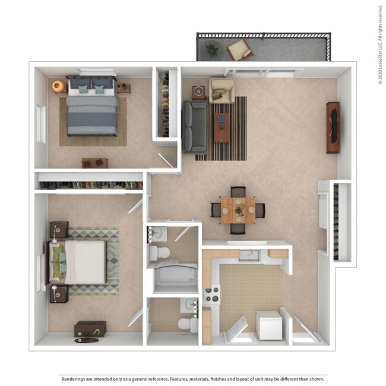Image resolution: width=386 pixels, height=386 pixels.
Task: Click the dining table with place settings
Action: click(x=238, y=210)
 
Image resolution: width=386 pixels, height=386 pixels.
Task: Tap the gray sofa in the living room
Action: click(x=195, y=126)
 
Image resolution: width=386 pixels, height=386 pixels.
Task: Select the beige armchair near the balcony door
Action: click(x=221, y=90)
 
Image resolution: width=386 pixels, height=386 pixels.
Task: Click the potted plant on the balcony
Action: click(x=212, y=50)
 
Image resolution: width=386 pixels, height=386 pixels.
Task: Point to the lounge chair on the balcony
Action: click(x=239, y=49)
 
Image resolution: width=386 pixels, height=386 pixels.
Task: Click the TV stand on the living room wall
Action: click(x=333, y=127)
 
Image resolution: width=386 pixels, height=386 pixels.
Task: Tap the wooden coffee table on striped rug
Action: click(x=222, y=126)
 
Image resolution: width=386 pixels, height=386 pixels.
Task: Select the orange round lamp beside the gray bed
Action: click(x=58, y=86)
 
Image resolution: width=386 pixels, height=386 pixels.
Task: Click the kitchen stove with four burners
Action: click(x=212, y=295)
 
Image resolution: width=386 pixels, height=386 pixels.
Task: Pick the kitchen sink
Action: click(x=249, y=255)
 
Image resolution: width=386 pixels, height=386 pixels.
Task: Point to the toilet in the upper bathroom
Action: click(x=159, y=253)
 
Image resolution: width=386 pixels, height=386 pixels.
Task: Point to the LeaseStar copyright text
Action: click(x=380, y=45)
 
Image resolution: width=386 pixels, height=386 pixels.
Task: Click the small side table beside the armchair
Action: click(x=198, y=92)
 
